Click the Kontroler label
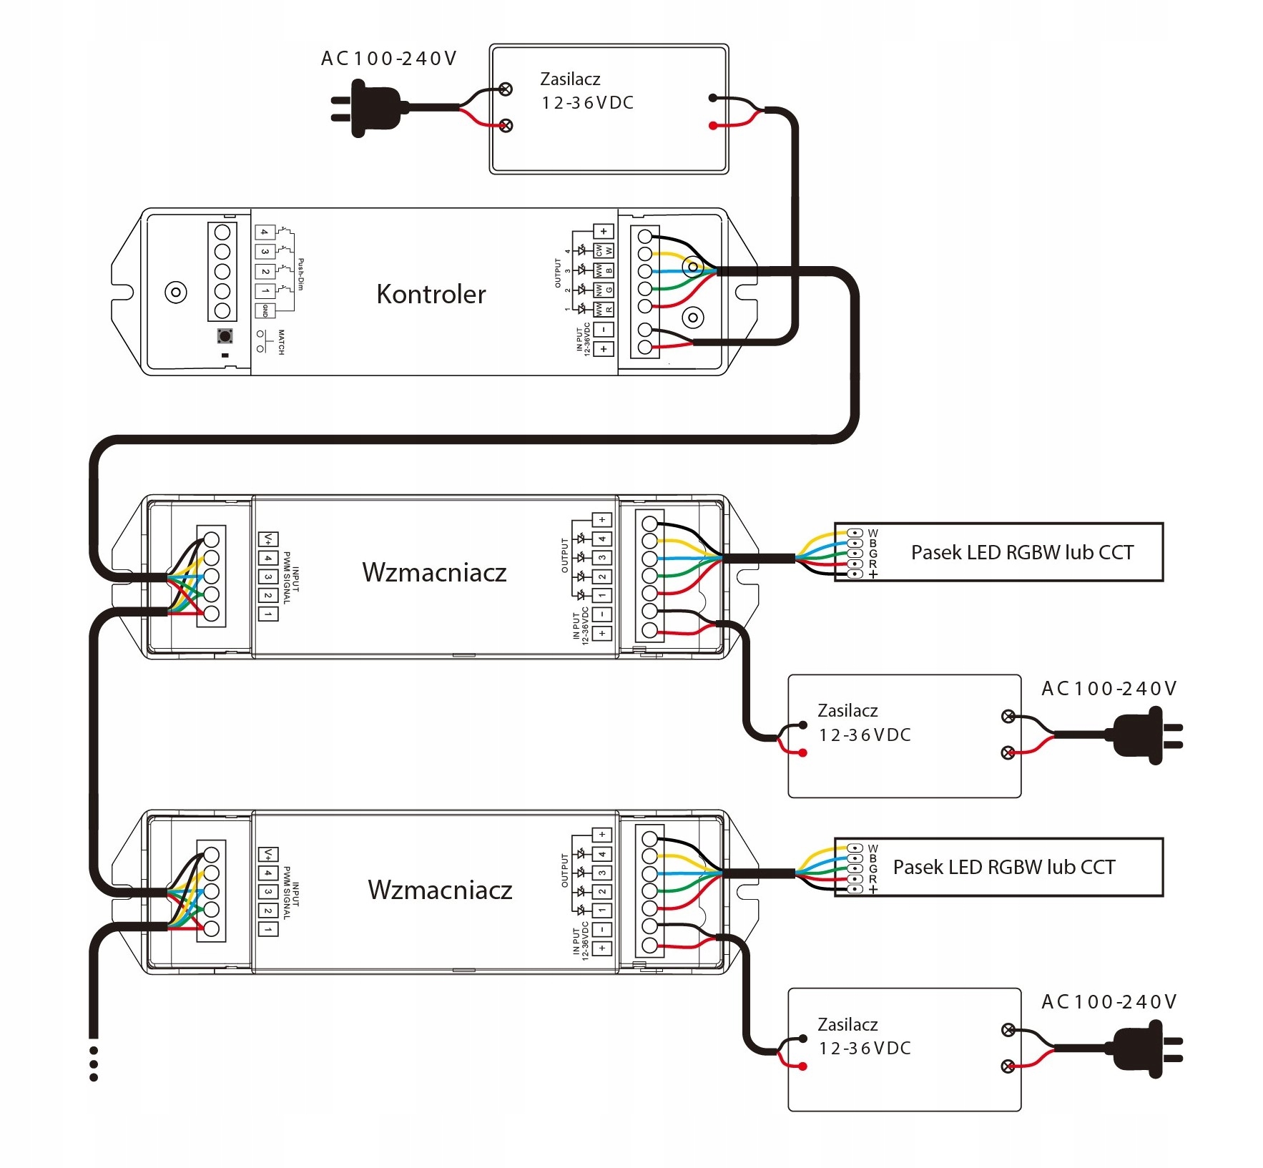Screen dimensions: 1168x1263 tap(431, 294)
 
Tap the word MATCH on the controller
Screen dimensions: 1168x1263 tap(281, 342)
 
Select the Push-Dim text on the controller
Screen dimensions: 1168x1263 tap(300, 274)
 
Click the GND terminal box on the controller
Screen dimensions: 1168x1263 tap(265, 311)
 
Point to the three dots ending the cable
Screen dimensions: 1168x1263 tap(94, 1064)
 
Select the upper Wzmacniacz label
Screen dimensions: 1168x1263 tap(434, 572)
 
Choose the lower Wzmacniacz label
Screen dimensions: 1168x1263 tap(440, 889)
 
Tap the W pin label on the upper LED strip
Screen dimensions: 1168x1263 tap(873, 533)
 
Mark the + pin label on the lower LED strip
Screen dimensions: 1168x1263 tap(873, 890)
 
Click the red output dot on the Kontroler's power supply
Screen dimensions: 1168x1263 tap(712, 126)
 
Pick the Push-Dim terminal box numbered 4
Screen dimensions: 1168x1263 tap(265, 232)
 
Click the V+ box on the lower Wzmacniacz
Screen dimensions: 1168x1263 tap(268, 855)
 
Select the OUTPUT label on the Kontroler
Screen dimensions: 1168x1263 tap(559, 273)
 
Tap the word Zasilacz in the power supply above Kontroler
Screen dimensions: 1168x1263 tap(570, 79)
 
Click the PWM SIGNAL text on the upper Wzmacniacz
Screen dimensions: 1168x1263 tap(287, 577)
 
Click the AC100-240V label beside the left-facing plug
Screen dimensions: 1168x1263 tap(388, 59)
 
